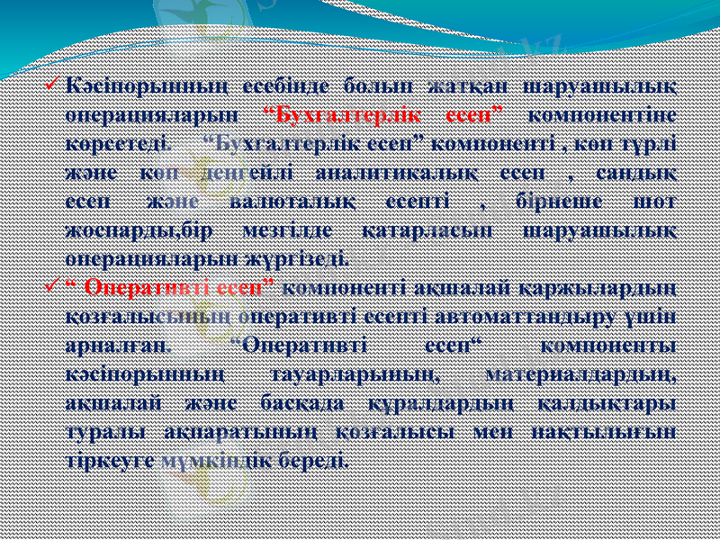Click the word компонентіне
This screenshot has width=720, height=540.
pos(604,114)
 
